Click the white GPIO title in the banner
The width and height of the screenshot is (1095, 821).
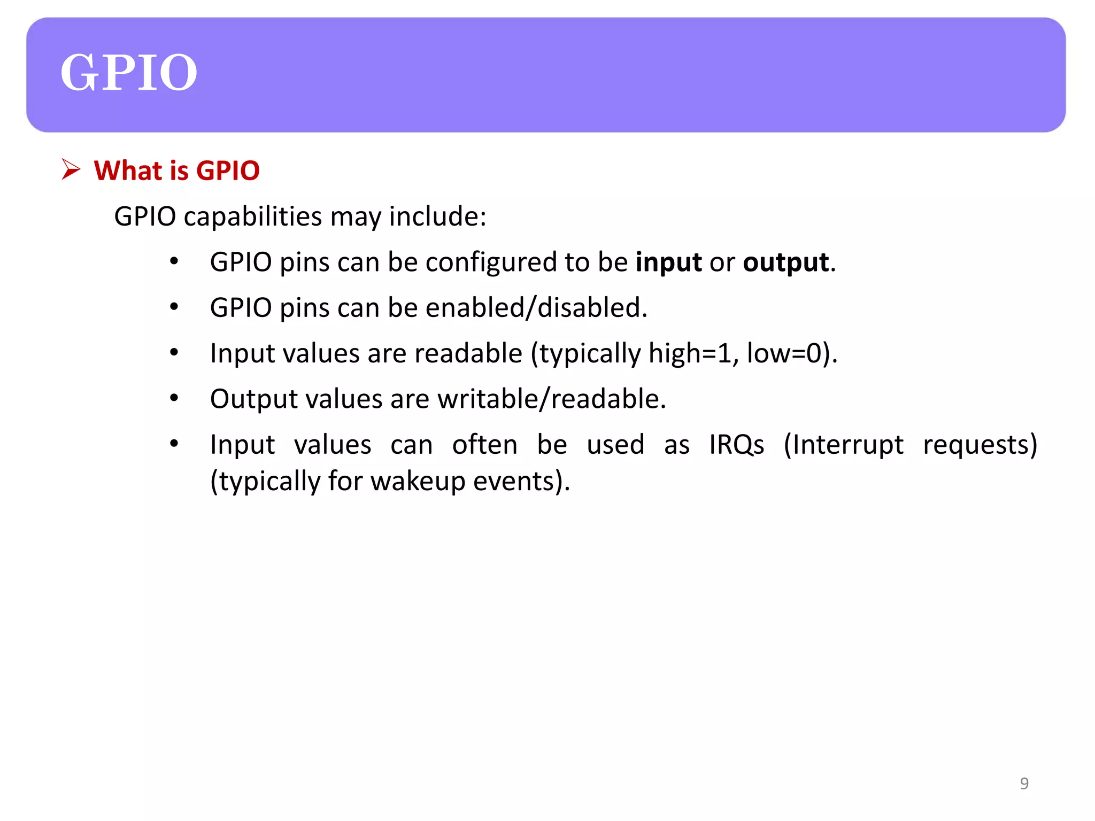(128, 73)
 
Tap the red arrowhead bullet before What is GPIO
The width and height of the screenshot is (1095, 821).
(71, 169)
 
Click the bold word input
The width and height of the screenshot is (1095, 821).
(668, 262)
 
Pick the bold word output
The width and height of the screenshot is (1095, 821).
(785, 262)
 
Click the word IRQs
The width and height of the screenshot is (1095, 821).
(736, 445)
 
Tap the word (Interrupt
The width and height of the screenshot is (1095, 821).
(843, 445)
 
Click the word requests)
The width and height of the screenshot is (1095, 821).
(980, 445)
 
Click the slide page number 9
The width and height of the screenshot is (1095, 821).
(1024, 783)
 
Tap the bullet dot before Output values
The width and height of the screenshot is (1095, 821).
(174, 398)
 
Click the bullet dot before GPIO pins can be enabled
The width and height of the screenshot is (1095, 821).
(174, 307)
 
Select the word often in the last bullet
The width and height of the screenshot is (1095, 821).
(484, 445)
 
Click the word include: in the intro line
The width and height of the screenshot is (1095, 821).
(437, 217)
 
